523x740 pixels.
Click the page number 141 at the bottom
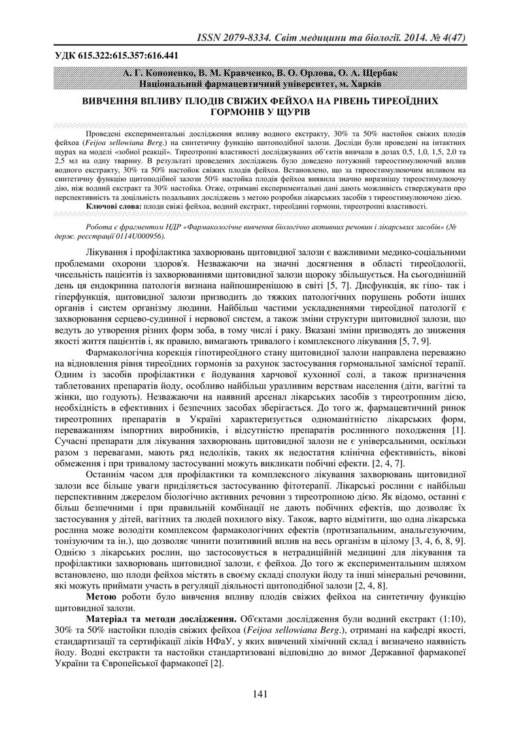coord(260,695)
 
